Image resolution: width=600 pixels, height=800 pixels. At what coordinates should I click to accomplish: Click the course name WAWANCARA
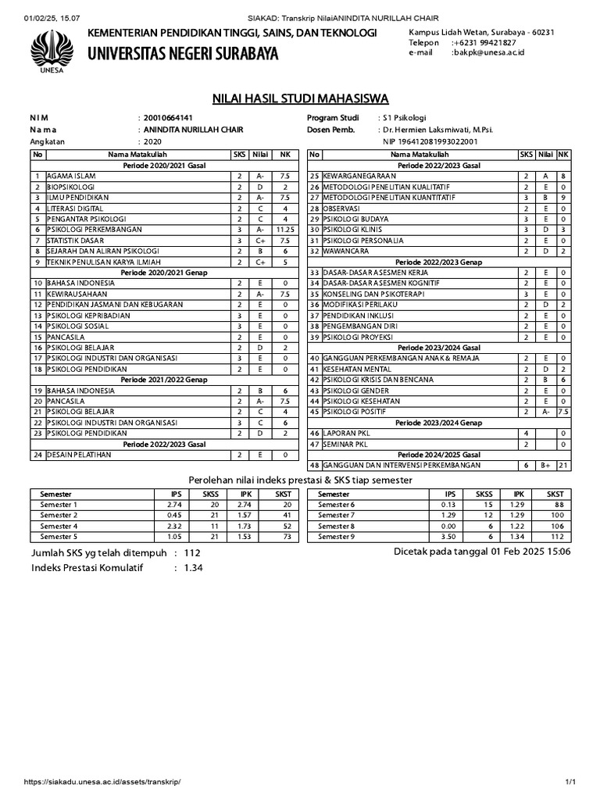coord(347,252)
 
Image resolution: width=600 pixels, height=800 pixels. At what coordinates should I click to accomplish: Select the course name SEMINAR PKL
coord(345,444)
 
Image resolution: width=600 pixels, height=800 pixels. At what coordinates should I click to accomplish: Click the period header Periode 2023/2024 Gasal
coord(439,348)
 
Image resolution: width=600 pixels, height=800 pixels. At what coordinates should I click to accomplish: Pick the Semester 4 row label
coord(59,527)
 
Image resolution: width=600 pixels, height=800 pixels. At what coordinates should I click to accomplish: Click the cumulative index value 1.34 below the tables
coord(193,569)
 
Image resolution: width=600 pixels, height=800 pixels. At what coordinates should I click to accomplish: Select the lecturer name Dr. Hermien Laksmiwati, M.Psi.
coord(435,130)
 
